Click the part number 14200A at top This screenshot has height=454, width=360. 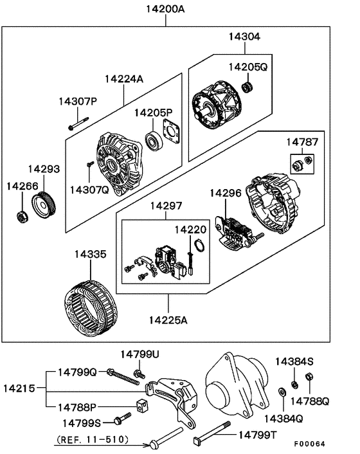pyautogui.click(x=166, y=10)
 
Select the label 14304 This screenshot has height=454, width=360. pyautogui.click(x=244, y=37)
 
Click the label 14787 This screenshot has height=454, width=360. pyautogui.click(x=302, y=141)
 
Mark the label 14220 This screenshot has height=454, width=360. pyautogui.click(x=190, y=228)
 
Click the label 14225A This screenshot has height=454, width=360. pyautogui.click(x=169, y=320)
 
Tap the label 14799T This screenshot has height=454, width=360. pyautogui.click(x=261, y=435)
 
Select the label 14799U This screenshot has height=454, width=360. pyautogui.click(x=140, y=354)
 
